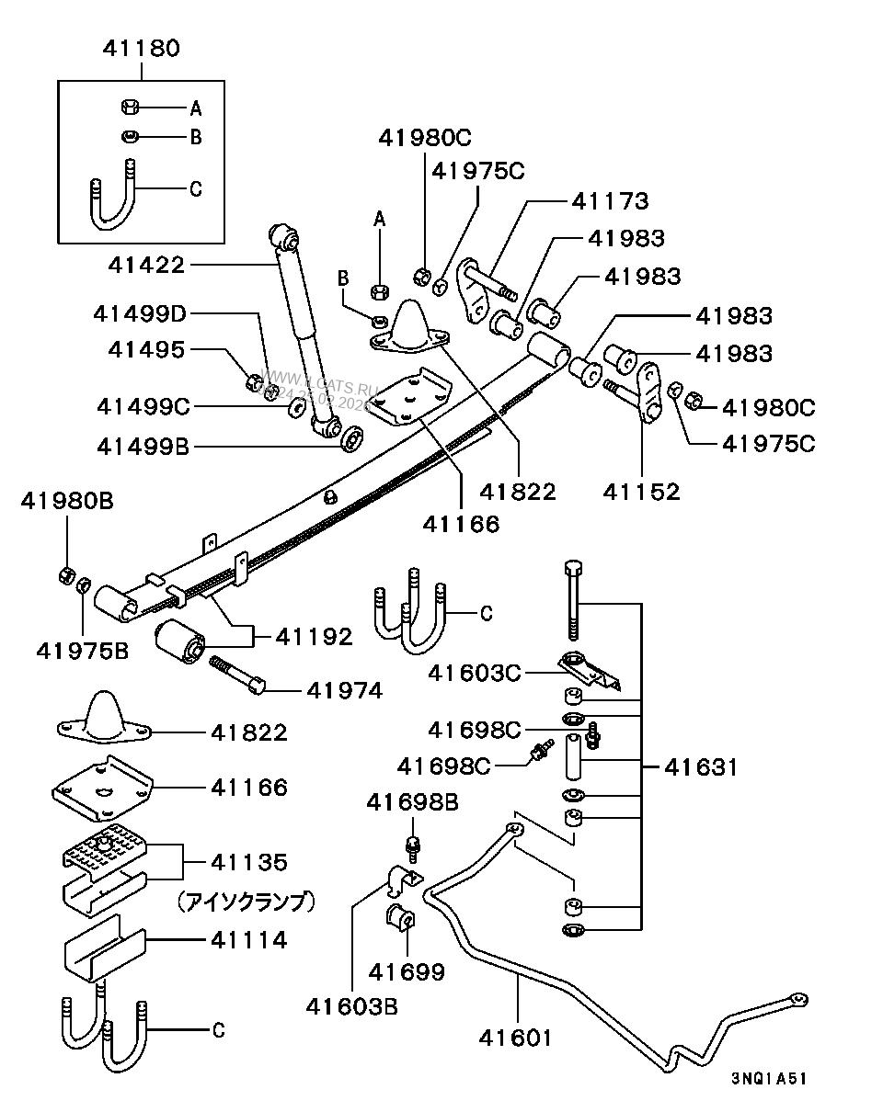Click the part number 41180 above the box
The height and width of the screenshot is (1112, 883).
coord(142,49)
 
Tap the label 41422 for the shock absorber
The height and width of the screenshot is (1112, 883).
coord(146,265)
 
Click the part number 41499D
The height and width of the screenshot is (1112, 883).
coord(139,313)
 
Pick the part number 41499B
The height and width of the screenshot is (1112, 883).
coord(142,448)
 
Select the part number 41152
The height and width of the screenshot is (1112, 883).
coord(641,491)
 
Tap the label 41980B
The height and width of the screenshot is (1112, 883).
coord(67,501)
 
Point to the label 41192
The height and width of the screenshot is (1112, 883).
coord(314,637)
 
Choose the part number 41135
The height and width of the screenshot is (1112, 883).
coord(248,862)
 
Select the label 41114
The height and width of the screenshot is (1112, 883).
coord(248,939)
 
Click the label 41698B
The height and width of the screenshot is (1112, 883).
coord(412,802)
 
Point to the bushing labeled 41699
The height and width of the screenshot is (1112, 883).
coord(402,919)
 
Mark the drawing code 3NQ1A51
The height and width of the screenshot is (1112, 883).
coord(769,1079)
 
